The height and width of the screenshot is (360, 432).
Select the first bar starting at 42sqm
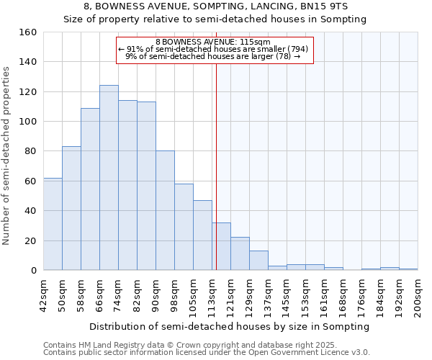pos(53,224)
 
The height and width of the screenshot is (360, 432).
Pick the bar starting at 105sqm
pos(202,235)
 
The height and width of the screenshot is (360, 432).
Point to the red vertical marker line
pos(216,166)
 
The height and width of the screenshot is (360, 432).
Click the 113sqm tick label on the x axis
pos(212,294)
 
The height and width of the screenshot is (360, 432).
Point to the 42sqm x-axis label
pos(44,294)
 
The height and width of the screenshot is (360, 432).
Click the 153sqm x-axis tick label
pos(306,294)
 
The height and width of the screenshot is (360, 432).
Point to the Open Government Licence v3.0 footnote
pos(207,352)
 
